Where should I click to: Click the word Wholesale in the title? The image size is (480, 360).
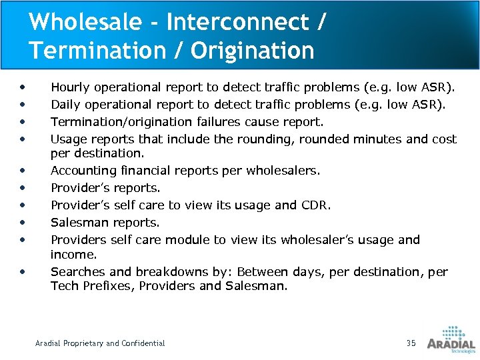(85, 22)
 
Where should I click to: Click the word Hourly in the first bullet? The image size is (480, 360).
(71, 87)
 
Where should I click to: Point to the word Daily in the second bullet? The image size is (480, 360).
(65, 105)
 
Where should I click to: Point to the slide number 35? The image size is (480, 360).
(411, 343)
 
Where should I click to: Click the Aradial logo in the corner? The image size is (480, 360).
(451, 338)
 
